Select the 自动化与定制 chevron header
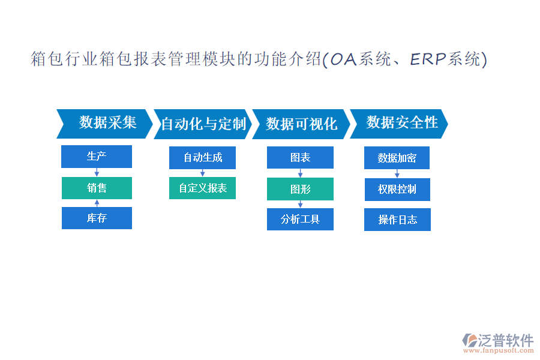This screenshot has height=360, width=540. [x=203, y=124]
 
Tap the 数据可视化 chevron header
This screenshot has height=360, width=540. [x=301, y=124]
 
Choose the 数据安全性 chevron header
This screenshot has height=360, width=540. [x=399, y=124]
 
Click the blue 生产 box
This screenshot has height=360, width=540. [x=97, y=157]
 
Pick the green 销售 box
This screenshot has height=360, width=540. [x=97, y=188]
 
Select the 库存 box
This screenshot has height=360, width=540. [x=97, y=218]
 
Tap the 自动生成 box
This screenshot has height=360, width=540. [x=203, y=158]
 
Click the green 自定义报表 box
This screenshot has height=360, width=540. [x=203, y=188]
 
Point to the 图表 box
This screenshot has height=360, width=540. [x=301, y=157]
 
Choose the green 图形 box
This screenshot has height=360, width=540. [x=301, y=189]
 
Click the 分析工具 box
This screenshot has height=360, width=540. [x=301, y=219]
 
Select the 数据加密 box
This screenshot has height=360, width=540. [x=397, y=158]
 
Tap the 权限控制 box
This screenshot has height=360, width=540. [x=397, y=190]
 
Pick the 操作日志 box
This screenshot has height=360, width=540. [x=397, y=220]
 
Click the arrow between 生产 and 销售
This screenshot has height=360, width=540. [x=97, y=172]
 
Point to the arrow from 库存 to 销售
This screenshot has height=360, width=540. [x=97, y=203]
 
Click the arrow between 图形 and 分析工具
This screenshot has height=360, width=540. [x=301, y=204]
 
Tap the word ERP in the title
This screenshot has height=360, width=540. [x=428, y=59]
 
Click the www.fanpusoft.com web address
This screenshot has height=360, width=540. [x=499, y=350]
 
